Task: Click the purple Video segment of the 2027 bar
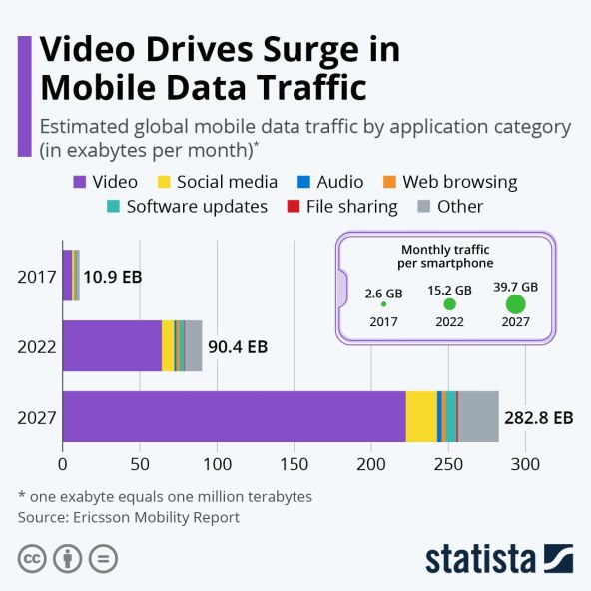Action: point(234,415)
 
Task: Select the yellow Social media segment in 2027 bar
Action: point(421,415)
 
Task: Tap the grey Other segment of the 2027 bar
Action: point(477,415)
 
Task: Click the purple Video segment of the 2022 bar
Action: point(112,345)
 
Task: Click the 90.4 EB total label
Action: point(238,347)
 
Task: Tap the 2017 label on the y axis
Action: point(36,276)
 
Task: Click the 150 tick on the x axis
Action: point(294,464)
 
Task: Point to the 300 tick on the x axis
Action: point(525,464)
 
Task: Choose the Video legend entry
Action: point(105,182)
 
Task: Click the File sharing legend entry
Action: point(344,207)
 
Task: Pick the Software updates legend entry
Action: point(186,207)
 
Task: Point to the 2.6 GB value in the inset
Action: point(383,294)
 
